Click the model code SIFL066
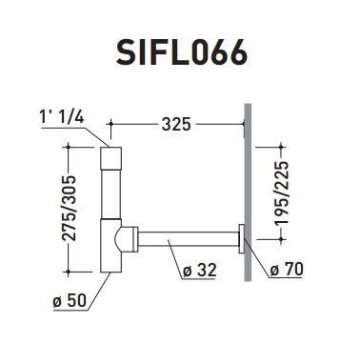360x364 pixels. point(181,52)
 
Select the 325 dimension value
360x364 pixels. point(176,124)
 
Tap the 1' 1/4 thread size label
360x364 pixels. point(62,117)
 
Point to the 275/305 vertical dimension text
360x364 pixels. point(69,208)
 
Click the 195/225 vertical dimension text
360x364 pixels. point(282,193)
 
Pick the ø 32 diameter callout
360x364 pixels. point(200,271)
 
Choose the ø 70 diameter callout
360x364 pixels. point(287,269)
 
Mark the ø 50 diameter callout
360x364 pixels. point(70,300)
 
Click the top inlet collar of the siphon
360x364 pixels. point(110,158)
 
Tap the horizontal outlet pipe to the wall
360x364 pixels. point(189,239)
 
